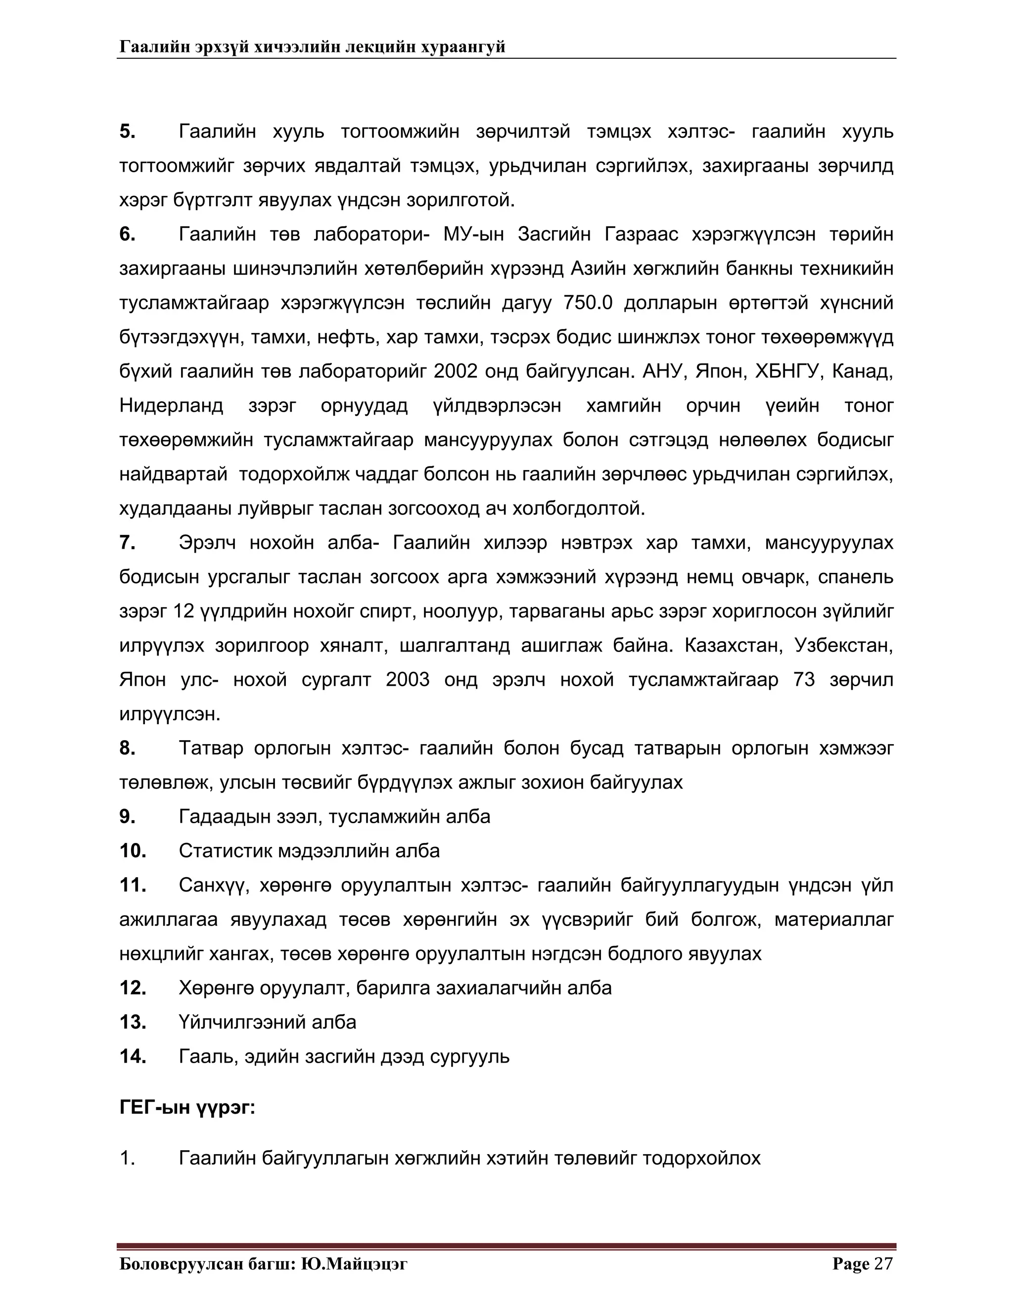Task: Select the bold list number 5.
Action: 127,132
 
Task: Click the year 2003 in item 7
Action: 408,680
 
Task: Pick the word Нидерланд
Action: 171,406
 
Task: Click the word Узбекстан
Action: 844,646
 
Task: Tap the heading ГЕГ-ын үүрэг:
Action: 187,1108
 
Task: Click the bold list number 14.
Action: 133,1056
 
